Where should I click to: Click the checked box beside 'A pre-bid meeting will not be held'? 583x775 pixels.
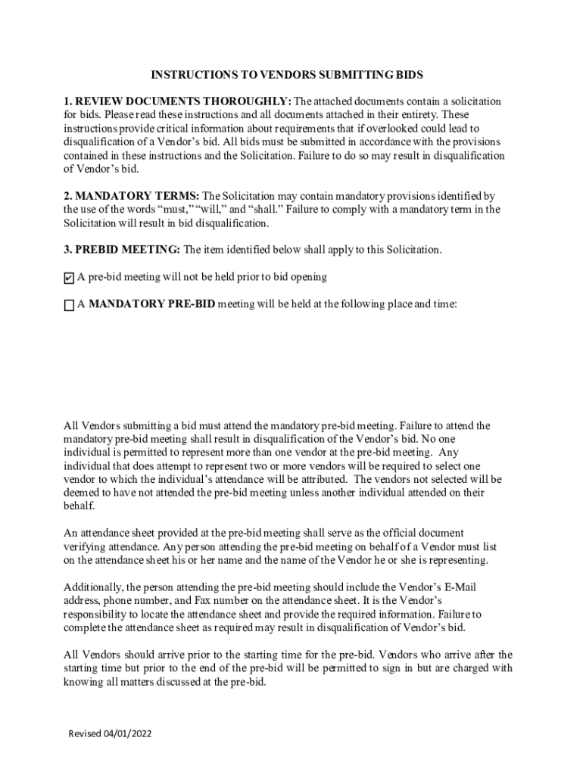click(69, 278)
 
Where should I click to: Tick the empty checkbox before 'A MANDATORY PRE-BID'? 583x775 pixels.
click(69, 305)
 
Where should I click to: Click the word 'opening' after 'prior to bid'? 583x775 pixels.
click(307, 277)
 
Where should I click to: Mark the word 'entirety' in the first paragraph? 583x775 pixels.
click(410, 115)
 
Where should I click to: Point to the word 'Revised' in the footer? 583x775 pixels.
click(84, 734)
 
